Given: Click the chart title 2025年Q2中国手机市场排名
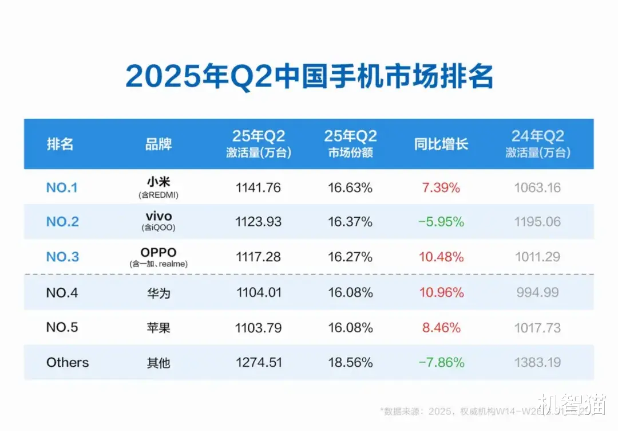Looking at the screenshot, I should pos(309,77).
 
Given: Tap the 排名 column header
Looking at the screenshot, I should pos(60,144).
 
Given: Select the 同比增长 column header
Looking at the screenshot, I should pos(441,144).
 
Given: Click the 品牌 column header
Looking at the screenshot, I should pos(159,144).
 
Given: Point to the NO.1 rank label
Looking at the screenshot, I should pos(61,187).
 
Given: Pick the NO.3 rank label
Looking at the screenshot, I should pos(62,257).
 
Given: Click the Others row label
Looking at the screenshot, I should pos(68,362).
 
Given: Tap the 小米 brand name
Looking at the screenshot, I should pos(159,182).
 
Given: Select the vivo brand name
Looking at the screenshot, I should pos(159,217).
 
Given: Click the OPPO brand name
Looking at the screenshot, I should pos(159,252).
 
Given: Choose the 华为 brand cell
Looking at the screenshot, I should pos(159,293).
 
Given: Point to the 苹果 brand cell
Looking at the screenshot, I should pos(159,328).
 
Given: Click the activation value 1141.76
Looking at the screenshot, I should pos(258,187).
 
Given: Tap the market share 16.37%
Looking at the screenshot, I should pos(350,222).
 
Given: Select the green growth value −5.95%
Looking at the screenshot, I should pos(441,222).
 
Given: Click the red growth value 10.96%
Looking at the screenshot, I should pos(441,293).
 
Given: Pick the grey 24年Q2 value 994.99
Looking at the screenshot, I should pos(537,293).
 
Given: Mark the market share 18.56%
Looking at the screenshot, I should pos(350,362).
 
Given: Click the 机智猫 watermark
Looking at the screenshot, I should pos(571,404).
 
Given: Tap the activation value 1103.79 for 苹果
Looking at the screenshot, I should pos(258,328).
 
